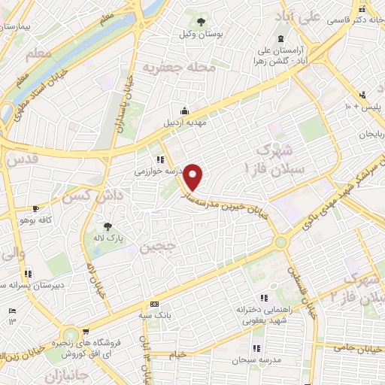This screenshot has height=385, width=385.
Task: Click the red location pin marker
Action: tap(194, 177)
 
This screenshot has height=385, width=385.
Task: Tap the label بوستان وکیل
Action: tap(201, 33)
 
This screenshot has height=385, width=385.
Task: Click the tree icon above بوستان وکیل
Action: tap(201, 20)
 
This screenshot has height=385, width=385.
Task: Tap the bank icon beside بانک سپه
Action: tap(154, 304)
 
